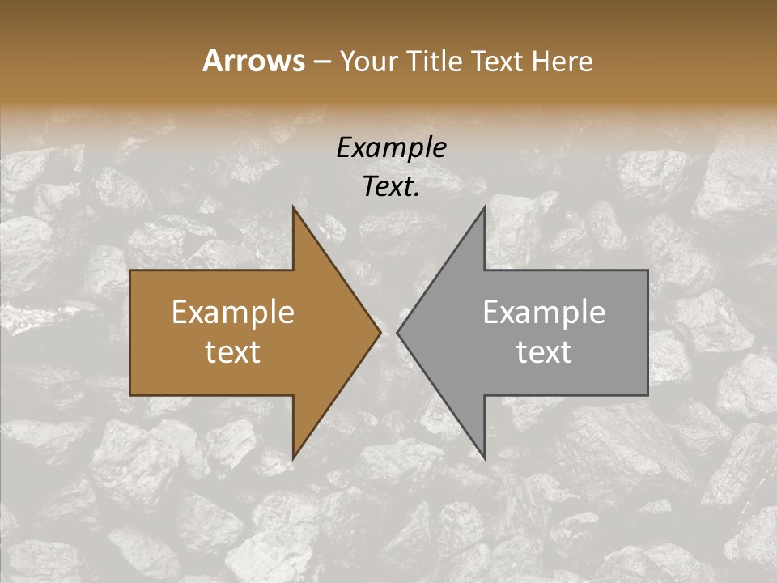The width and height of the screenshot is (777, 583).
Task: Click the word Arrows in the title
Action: click(x=253, y=61)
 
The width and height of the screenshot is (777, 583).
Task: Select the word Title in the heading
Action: click(x=434, y=62)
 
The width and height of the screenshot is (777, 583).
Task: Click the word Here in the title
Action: click(x=562, y=62)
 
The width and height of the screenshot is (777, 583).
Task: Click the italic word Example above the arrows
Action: click(x=392, y=147)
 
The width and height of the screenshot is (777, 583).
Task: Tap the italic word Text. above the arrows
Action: click(x=392, y=187)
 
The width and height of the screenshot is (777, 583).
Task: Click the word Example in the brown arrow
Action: click(x=233, y=313)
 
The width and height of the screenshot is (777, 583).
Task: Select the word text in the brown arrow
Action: click(x=233, y=352)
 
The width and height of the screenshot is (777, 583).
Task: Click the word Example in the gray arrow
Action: click(x=544, y=313)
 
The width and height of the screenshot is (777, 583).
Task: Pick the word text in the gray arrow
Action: click(x=544, y=352)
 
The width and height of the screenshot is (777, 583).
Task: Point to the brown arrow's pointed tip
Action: click(x=380, y=332)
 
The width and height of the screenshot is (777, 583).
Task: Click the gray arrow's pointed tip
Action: click(x=397, y=332)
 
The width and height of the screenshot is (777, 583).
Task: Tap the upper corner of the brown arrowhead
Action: click(x=293, y=207)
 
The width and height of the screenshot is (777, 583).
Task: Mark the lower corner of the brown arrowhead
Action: click(x=293, y=457)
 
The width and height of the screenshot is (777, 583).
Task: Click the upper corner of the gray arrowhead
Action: click(x=484, y=207)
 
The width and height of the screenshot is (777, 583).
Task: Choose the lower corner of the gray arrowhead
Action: click(x=484, y=457)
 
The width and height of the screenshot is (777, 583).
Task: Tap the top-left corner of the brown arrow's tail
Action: click(x=130, y=270)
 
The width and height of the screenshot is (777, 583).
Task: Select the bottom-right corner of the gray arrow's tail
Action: click(x=647, y=394)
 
